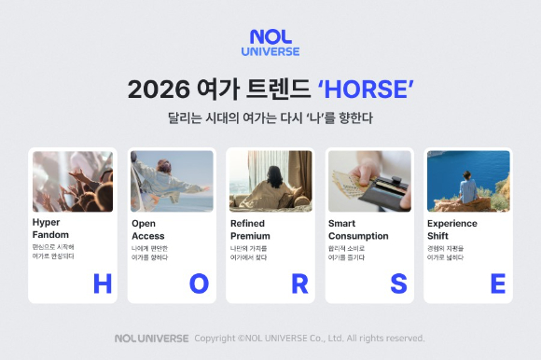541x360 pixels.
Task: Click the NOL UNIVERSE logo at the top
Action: pos(270,43)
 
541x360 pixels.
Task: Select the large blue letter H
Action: pos(102,284)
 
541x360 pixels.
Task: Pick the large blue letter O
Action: pos(200,284)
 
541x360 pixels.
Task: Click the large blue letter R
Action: pos(299,284)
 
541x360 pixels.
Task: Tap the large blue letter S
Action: pos(398,284)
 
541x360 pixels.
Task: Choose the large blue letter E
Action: pos(497,284)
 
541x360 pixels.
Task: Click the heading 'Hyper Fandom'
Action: pos(52,229)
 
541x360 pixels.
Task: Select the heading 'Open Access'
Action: pos(150,229)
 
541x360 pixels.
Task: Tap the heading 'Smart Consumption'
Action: pos(360,229)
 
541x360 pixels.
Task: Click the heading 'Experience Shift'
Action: pos(452,229)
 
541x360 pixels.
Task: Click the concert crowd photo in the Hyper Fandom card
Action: pos(73,181)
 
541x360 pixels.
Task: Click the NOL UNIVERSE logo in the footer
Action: pos(151,338)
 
